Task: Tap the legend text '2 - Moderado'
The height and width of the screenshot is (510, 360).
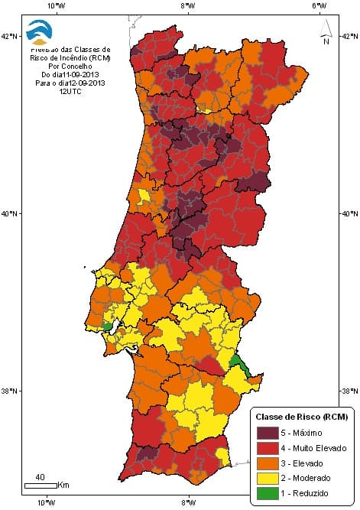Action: click(306, 479)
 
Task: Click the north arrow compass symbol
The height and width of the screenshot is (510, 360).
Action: click(325, 33)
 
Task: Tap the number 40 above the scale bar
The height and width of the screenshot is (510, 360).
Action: click(41, 478)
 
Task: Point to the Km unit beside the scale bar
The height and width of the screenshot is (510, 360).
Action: click(63, 486)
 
